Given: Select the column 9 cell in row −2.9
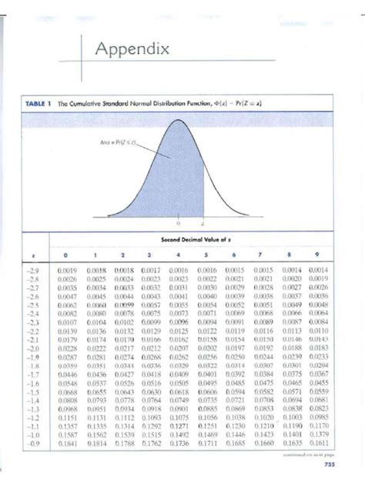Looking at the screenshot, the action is point(317,271).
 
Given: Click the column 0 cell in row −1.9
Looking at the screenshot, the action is point(68,356).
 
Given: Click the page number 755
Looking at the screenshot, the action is point(330,464).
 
